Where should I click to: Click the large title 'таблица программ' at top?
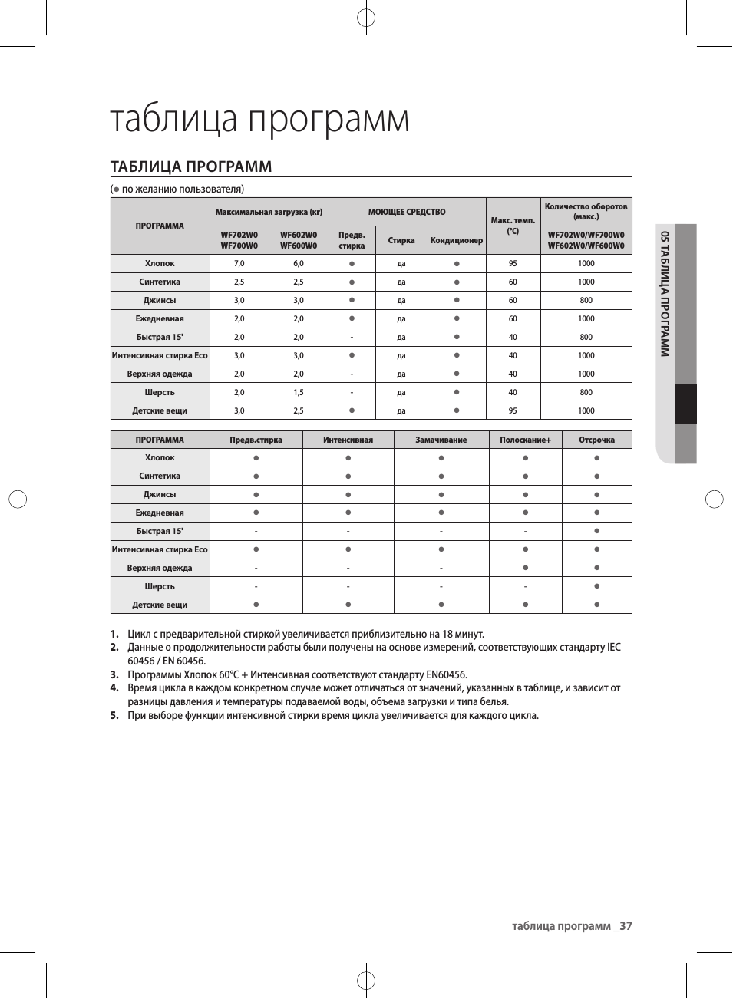click(x=259, y=119)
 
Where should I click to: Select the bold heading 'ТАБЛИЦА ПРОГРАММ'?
click(x=191, y=166)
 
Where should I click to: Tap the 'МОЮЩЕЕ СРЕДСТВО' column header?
click(x=407, y=212)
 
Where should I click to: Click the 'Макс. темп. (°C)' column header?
click(x=513, y=226)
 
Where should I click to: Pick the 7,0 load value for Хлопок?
click(x=239, y=263)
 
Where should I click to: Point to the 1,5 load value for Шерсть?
click(x=298, y=392)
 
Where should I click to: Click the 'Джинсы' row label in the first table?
click(x=160, y=300)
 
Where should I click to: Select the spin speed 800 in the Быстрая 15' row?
click(x=586, y=337)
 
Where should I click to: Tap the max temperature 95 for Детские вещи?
click(x=513, y=410)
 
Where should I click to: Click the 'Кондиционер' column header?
click(x=457, y=240)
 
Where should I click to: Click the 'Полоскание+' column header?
click(x=525, y=440)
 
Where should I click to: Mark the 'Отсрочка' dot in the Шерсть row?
click(x=596, y=586)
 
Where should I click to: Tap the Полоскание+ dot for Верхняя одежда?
click(x=525, y=568)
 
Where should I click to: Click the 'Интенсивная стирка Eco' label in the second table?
click(x=160, y=549)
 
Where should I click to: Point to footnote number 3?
click(x=114, y=675)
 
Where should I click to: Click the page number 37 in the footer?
click(x=626, y=926)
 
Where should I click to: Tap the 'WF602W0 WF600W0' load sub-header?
click(x=298, y=240)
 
